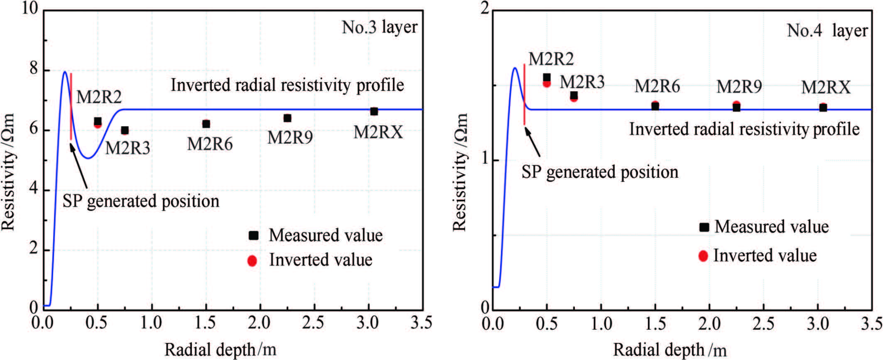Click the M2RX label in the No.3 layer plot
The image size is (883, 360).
point(378,132)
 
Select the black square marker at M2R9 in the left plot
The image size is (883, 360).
point(287,118)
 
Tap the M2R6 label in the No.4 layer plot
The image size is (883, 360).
point(657,86)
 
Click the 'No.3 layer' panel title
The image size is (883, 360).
point(379,27)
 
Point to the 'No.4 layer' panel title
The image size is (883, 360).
point(827,31)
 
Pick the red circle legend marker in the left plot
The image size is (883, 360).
point(252,260)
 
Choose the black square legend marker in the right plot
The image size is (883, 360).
point(704,227)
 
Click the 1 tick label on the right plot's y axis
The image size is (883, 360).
point(484,160)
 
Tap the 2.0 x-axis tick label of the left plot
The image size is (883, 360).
point(260,323)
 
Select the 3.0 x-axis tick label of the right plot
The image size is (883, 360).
point(818,323)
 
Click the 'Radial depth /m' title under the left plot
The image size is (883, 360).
point(220,350)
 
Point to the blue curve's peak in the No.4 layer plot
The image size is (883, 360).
point(515,68)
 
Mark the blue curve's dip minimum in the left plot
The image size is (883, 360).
point(88,158)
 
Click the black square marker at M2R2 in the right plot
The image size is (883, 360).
point(547,78)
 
